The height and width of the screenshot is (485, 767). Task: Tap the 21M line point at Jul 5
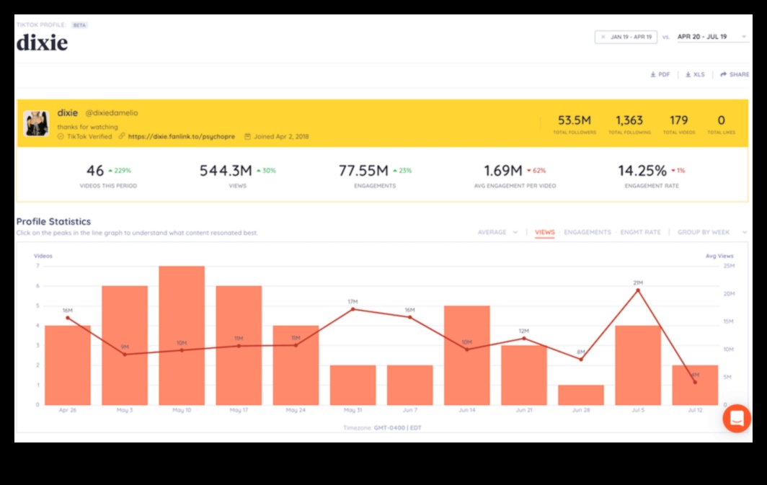[x=637, y=290]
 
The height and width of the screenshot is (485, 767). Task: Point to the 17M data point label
[x=353, y=301]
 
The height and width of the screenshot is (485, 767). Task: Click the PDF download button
[x=660, y=74]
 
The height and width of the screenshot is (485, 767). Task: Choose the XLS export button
[x=695, y=74]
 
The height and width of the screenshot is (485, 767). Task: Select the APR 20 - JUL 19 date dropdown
[x=712, y=37]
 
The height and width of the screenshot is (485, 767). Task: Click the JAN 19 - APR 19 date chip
[x=626, y=37]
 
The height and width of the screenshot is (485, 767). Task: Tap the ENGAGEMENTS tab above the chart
[x=587, y=232]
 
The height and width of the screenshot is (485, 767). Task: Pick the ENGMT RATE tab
[x=640, y=232]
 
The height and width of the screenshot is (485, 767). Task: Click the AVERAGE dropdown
[x=497, y=232]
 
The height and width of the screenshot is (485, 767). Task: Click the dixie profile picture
[x=36, y=123]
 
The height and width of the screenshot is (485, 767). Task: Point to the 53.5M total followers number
[x=575, y=120]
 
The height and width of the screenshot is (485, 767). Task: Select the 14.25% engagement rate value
[x=642, y=171]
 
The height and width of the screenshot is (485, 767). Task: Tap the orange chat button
[x=737, y=418]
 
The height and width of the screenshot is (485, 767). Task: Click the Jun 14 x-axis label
[x=466, y=410]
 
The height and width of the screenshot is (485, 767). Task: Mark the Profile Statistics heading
[x=53, y=221]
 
